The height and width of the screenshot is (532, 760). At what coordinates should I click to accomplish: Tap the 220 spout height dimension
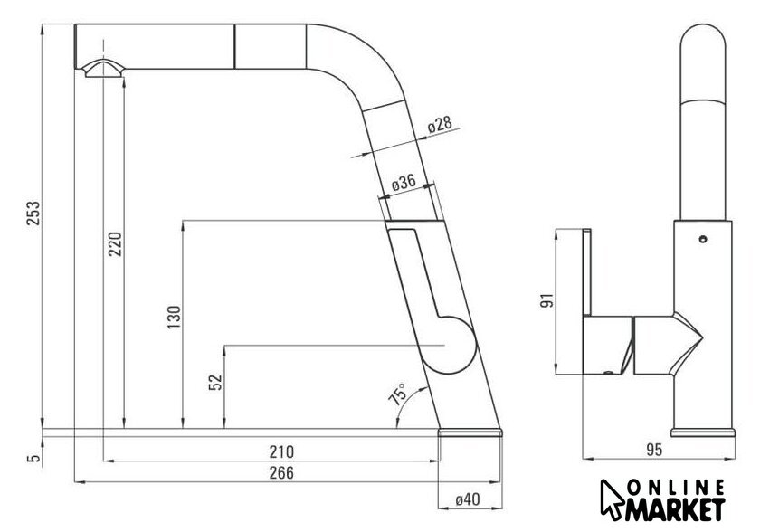point(115,244)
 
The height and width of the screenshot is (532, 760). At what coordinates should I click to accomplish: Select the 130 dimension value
point(174,317)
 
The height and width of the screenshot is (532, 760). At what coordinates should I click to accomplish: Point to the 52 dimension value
point(215,383)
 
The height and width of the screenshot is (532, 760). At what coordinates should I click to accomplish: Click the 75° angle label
point(398,394)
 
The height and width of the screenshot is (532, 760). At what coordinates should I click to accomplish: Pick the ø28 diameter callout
point(440,125)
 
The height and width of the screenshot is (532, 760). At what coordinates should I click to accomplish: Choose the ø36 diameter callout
point(404,183)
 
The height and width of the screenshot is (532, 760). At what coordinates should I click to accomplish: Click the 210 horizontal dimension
point(281,451)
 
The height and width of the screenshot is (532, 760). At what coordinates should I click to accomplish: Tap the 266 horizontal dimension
point(281,472)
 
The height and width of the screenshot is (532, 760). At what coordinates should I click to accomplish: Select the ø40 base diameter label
point(467,499)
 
